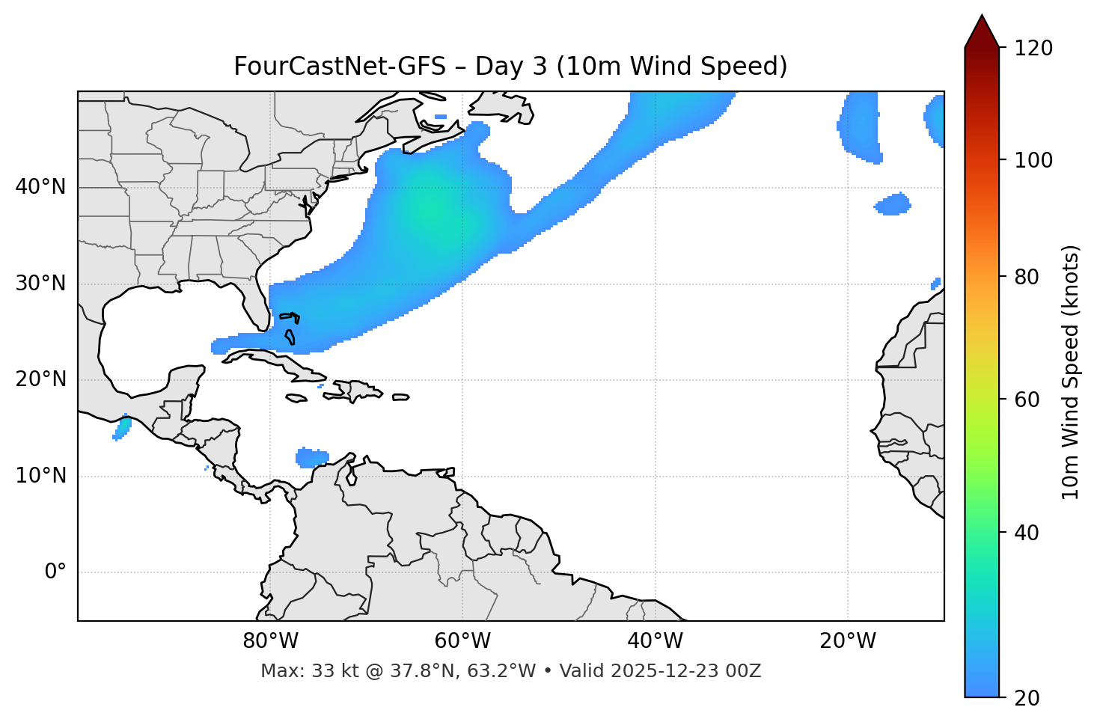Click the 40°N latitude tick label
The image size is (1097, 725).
pos(40,187)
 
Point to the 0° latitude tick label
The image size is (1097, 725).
pos(55,572)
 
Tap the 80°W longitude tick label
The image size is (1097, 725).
pos(270,641)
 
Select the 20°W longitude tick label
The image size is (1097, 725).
pos(848,641)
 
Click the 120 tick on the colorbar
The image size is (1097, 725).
pos(1032,48)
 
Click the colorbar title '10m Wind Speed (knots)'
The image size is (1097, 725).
pos(1071,372)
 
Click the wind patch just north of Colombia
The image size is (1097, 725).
pos(312,456)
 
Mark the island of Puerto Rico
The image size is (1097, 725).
pos(401,397)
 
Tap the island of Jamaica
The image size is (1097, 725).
pos(296,398)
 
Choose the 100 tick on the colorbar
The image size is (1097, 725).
pos(1032,160)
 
